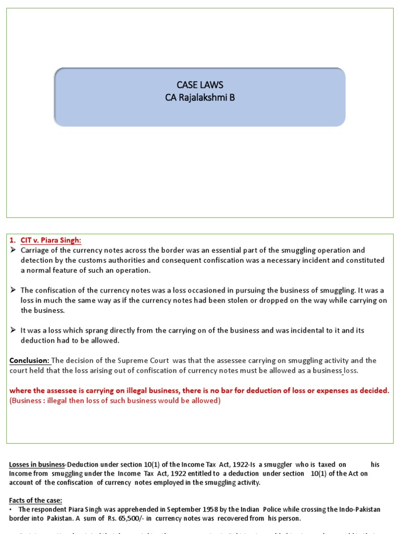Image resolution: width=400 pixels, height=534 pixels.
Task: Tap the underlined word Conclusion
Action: coord(29,361)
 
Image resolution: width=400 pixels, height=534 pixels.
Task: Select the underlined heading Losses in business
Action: coord(36,464)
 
